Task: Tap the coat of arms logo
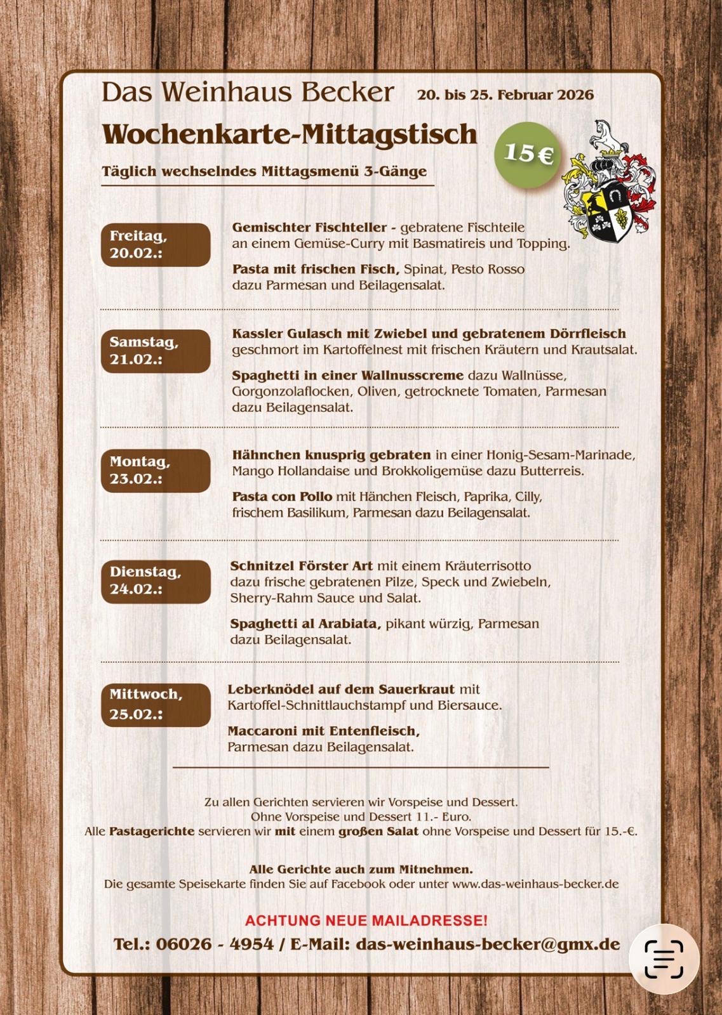609,183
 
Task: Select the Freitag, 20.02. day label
156,245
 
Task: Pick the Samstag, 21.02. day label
156,351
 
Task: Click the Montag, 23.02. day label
156,471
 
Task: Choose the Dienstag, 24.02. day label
156,581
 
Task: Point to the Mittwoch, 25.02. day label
156,705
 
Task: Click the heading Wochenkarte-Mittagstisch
290,134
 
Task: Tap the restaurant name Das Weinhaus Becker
248,93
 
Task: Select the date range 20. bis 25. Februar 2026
505,95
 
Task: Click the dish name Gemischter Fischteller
309,228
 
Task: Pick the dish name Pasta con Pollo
282,497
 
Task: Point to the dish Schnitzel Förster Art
301,566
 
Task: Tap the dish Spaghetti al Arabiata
305,624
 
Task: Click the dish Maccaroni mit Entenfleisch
323,731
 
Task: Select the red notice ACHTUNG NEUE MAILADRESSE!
366,920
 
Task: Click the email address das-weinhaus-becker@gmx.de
488,945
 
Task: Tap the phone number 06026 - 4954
215,945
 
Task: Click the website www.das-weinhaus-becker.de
535,884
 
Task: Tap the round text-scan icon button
664,959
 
